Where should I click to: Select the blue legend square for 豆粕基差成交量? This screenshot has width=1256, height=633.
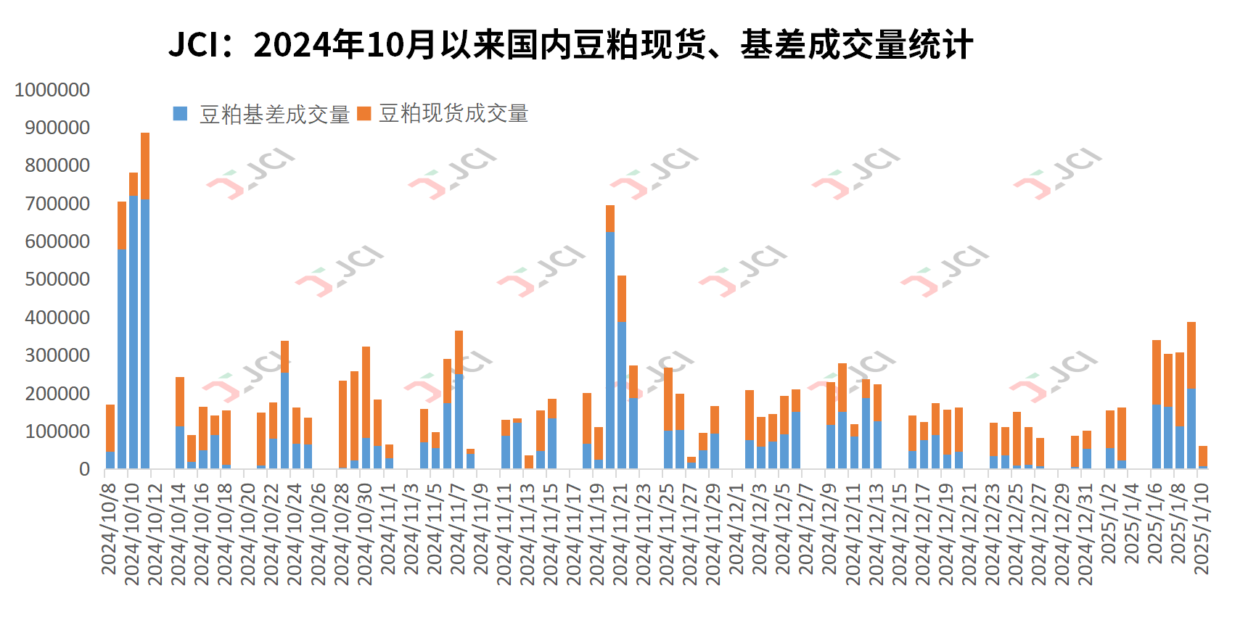(x=180, y=114)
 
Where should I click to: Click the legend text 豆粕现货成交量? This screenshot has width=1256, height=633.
(x=453, y=114)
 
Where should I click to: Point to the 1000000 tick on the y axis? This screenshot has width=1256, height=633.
(x=52, y=90)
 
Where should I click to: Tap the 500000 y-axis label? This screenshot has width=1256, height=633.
(x=57, y=279)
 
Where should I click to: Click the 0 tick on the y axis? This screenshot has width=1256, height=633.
(x=85, y=469)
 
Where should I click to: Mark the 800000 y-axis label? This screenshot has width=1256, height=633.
(x=57, y=165)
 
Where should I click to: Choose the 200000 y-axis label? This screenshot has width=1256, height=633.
(x=57, y=394)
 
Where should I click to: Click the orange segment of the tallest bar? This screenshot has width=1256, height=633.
(x=145, y=166)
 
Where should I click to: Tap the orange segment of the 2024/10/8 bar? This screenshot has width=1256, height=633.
(x=110, y=429)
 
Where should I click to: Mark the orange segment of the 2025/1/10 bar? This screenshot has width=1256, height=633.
(x=1202, y=456)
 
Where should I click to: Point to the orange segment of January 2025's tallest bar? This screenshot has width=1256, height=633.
(x=1191, y=355)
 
